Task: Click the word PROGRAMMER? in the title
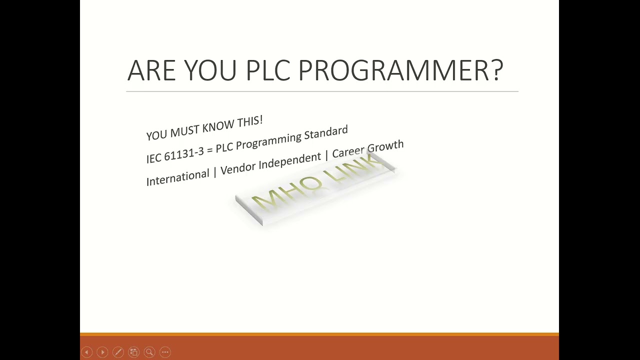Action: tap(400, 70)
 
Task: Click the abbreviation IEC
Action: tap(154, 157)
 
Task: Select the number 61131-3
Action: tap(184, 153)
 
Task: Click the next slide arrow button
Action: tap(102, 352)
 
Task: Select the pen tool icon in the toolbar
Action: tap(118, 352)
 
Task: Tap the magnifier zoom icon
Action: tap(149, 352)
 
